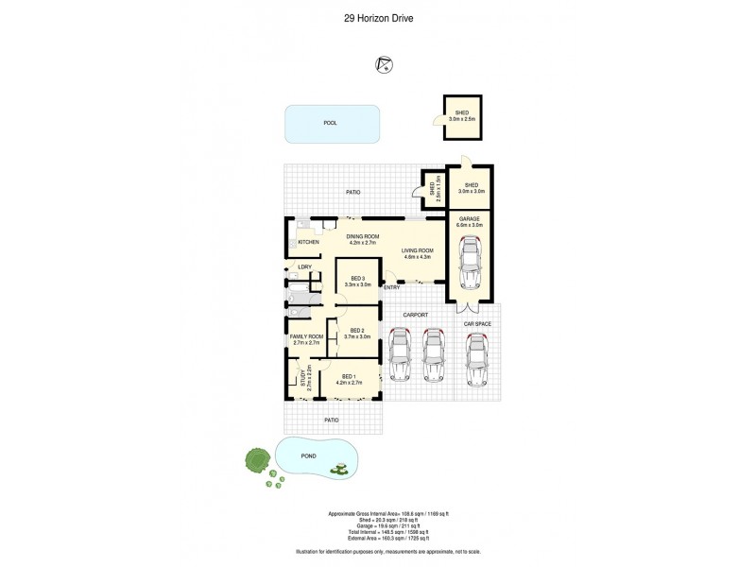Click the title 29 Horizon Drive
pyautogui.click(x=378, y=16)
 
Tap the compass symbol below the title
pyautogui.click(x=385, y=64)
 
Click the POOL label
pyautogui.click(x=330, y=123)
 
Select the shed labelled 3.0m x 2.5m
pyautogui.click(x=462, y=116)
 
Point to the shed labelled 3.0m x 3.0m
pyautogui.click(x=470, y=188)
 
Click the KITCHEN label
pyautogui.click(x=309, y=243)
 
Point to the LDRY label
pyautogui.click(x=304, y=267)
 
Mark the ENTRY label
pyautogui.click(x=391, y=287)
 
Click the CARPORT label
pyautogui.click(x=416, y=315)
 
